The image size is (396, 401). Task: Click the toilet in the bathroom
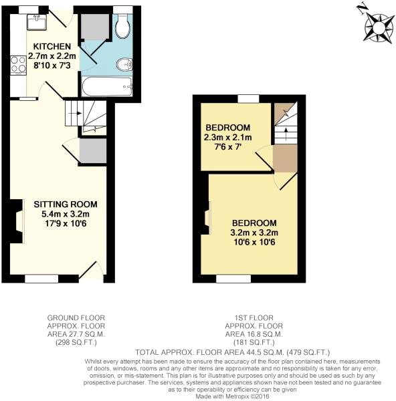pos(122,27)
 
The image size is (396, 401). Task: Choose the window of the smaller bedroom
pos(248,99)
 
